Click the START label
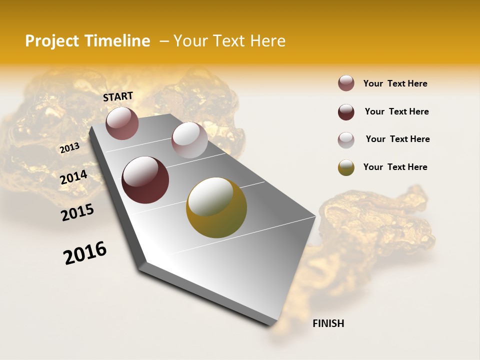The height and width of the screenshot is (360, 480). tap(118, 96)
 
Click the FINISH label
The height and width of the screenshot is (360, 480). tap(328, 323)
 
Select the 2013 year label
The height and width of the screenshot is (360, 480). tap(69, 147)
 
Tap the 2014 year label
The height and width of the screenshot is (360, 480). tap(74, 177)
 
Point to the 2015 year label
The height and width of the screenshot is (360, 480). tap(77, 212)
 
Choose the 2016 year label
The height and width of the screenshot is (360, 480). tap(85, 253)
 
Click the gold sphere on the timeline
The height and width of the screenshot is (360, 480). tap(216, 207)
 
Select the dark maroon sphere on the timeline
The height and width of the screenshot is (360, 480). tap(145, 180)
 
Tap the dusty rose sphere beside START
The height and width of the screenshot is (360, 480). tap(122, 123)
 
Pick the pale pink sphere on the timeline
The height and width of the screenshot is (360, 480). tap(189, 140)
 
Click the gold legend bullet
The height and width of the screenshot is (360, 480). tap(346, 167)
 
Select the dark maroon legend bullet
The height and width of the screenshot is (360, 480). tap(346, 112)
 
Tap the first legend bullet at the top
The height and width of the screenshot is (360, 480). tap(346, 83)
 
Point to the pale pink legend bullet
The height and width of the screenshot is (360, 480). tap(346, 139)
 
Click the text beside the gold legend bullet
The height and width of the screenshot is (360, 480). tap(395, 167)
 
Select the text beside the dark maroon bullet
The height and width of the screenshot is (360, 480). tap(396, 111)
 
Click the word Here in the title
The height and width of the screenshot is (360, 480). tap(267, 41)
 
